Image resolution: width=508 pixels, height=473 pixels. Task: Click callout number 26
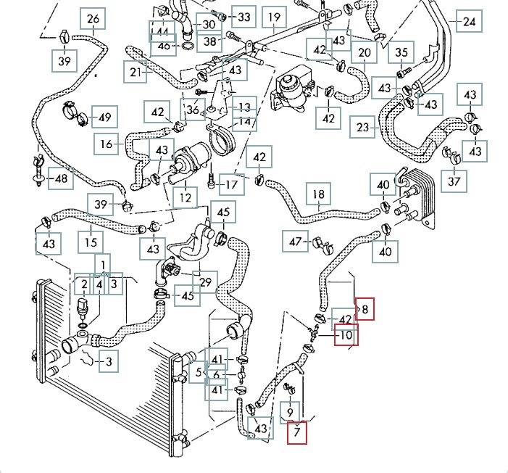(x=93, y=19)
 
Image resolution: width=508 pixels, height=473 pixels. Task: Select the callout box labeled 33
(x=243, y=17)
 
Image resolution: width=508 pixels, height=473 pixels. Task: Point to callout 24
(x=469, y=22)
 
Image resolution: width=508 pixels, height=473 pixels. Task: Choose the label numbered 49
(x=104, y=118)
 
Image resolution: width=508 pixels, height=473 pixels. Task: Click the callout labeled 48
(x=61, y=178)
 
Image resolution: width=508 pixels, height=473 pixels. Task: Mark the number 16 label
(x=107, y=144)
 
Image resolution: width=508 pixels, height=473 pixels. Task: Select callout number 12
(x=186, y=197)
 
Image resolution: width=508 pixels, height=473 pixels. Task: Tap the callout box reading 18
(x=319, y=194)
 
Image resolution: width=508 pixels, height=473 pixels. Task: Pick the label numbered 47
(x=296, y=241)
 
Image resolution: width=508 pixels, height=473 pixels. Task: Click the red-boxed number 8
(x=365, y=310)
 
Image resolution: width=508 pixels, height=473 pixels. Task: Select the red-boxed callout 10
(x=346, y=336)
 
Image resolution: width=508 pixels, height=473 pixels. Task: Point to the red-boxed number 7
(x=297, y=433)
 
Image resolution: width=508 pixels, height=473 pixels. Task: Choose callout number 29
(x=206, y=281)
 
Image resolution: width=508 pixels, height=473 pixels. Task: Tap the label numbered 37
(x=454, y=180)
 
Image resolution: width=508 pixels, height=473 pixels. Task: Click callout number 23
(x=364, y=128)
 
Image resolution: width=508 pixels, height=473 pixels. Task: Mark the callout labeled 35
(x=401, y=52)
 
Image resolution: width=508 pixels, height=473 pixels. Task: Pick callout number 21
(x=136, y=72)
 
